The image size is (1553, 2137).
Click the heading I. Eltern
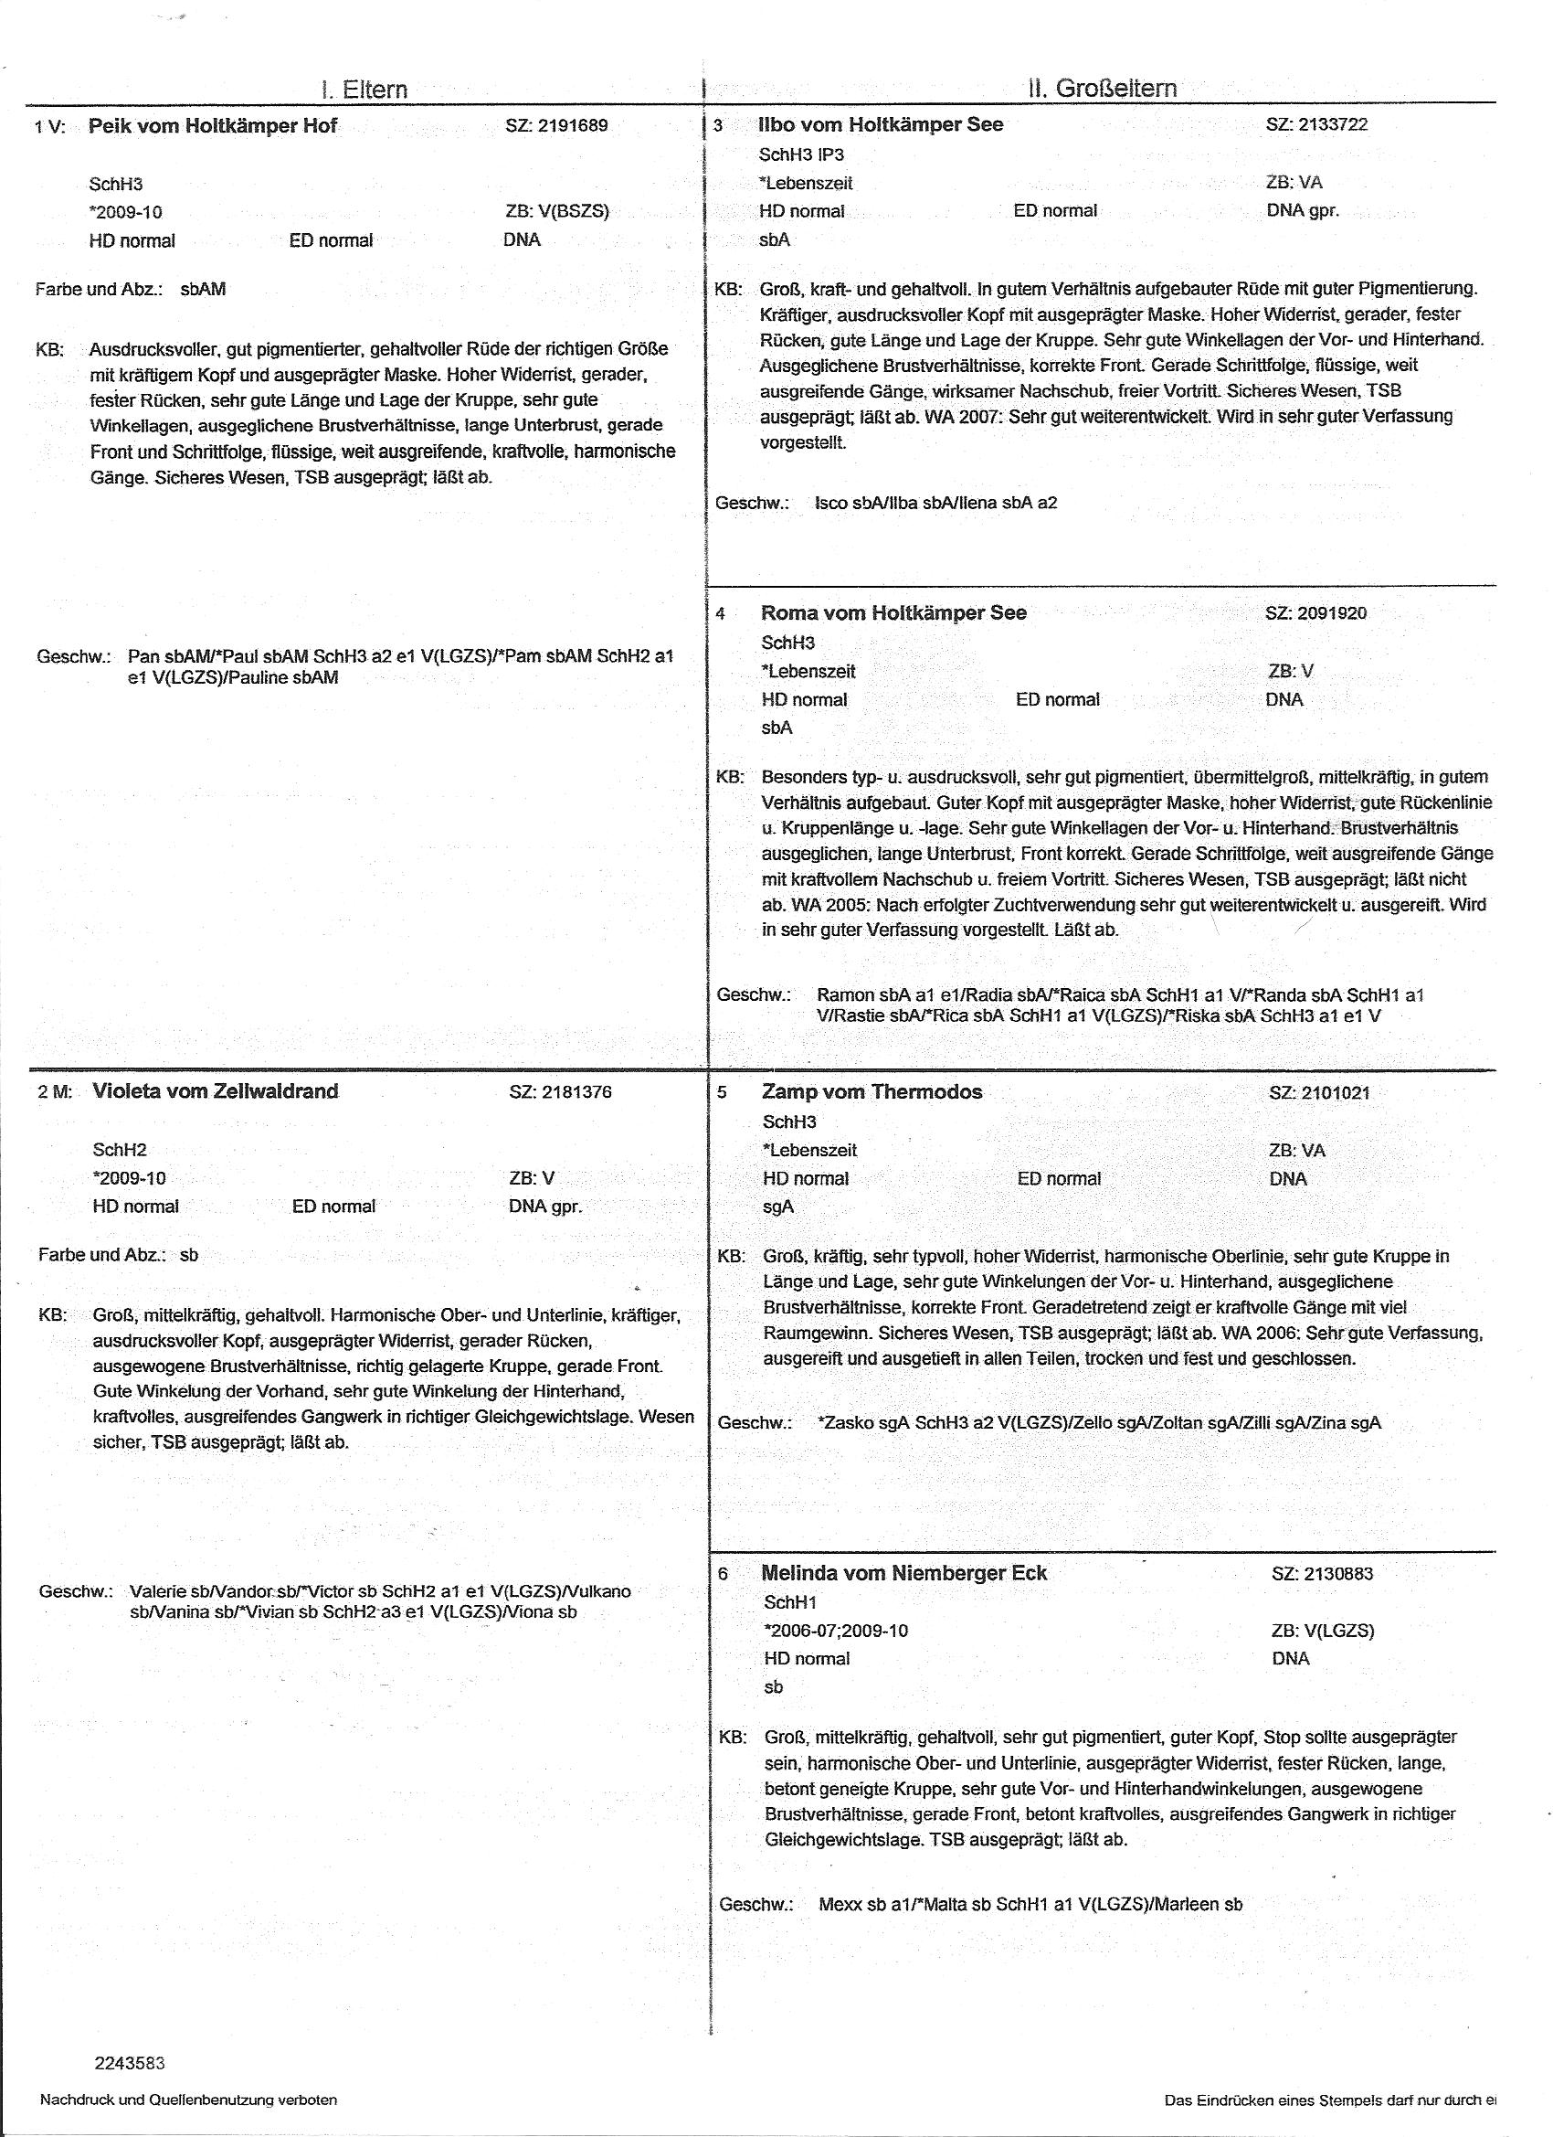pos(364,90)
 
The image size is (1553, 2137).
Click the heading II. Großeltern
pos(1103,89)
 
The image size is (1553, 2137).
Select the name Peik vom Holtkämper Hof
pos(213,126)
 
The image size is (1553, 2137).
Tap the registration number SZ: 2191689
pos(556,125)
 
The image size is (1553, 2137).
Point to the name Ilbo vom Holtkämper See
pos(881,124)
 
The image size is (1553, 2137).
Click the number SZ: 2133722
pos(1316,124)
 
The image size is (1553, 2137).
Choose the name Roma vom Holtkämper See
pos(893,612)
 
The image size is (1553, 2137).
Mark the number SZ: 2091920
pos(1315,613)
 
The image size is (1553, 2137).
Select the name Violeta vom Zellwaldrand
pos(216,1091)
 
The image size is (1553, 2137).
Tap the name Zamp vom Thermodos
pos(872,1092)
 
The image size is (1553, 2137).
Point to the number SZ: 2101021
pos(1319,1093)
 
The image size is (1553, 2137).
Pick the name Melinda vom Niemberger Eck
pos(903,1573)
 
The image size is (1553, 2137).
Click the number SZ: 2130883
pos(1322,1574)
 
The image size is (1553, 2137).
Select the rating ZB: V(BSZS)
pos(556,212)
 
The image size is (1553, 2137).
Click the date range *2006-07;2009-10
pos(835,1631)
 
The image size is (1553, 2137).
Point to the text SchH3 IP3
pos(800,154)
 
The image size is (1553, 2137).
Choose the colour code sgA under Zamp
pos(778,1207)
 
